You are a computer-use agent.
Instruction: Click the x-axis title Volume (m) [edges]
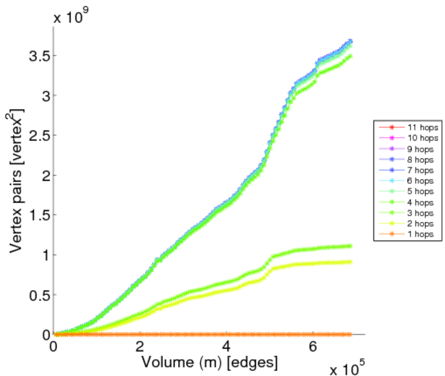pos(210,362)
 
